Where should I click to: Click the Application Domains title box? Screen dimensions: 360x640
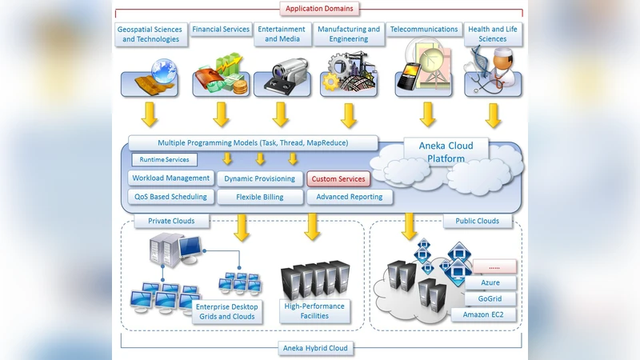[x=319, y=9]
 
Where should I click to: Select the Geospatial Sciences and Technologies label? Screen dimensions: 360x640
[x=150, y=34]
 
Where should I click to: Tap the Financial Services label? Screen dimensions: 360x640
[x=221, y=30]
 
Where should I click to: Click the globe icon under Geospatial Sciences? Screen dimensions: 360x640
[x=166, y=68]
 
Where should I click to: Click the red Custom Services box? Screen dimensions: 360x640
[x=338, y=179]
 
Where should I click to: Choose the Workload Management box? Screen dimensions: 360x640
[x=170, y=178]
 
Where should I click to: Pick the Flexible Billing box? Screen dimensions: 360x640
[x=259, y=197]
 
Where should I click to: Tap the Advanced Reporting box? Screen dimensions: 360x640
[x=350, y=197]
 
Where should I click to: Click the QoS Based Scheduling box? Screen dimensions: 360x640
[x=170, y=197]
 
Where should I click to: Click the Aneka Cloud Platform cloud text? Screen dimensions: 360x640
[x=446, y=152]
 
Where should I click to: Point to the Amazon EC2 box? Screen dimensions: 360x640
[x=488, y=315]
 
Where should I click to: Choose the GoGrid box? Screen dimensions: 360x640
[x=490, y=299]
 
